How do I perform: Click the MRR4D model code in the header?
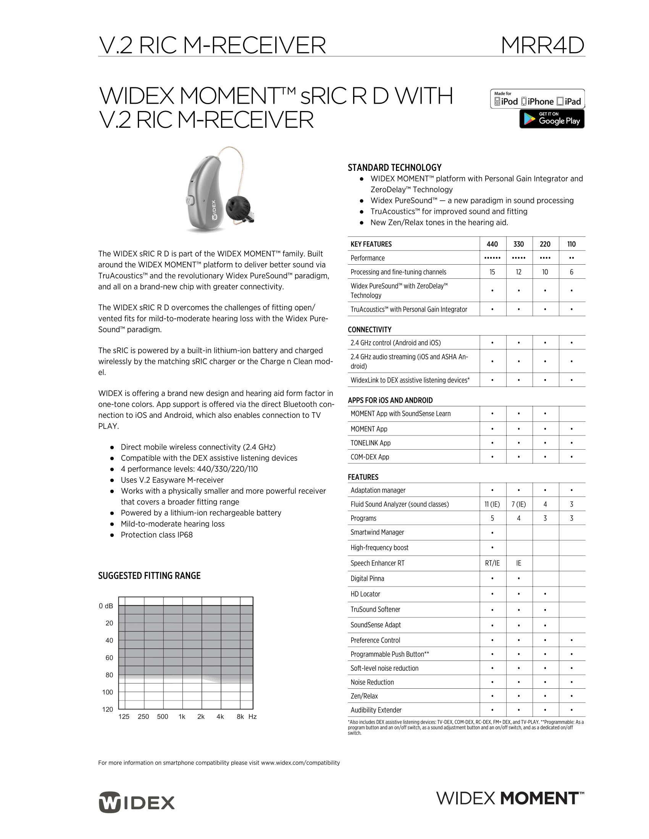coord(542,45)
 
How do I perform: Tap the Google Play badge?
coord(552,119)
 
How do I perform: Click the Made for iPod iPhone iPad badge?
coord(537,99)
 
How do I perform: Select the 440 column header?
coord(492,244)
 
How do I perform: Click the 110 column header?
coord(572,244)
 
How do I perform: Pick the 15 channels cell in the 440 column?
coord(492,272)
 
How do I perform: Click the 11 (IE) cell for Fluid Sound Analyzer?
coord(492,505)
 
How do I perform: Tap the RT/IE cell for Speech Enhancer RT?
coord(492,563)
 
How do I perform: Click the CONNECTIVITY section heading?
coord(370,329)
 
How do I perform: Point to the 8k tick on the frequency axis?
coord(240,717)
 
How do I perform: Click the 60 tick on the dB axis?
coord(109,658)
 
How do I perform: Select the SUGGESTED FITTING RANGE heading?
coord(149,576)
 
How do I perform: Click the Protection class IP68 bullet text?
coord(157,535)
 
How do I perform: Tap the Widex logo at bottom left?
coord(137,802)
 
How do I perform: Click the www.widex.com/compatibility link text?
coord(300,763)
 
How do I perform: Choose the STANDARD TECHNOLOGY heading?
coord(394,168)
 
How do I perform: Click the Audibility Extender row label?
coord(376,710)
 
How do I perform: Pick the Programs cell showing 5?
coord(492,518)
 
